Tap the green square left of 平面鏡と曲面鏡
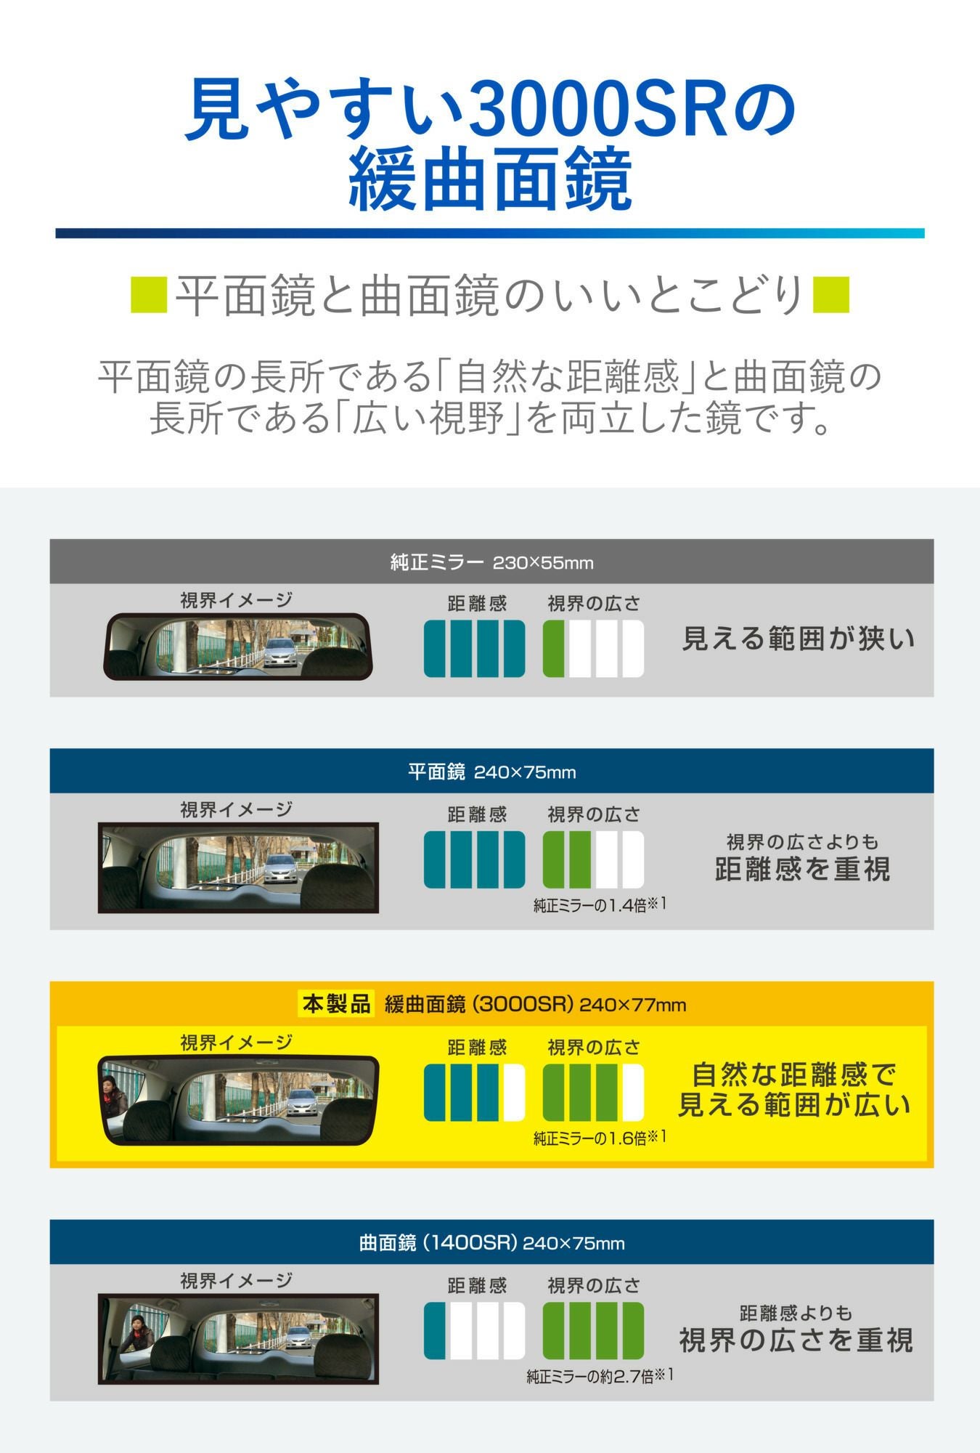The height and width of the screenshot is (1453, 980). tap(149, 294)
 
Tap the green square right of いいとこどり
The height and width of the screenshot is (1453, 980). tap(830, 294)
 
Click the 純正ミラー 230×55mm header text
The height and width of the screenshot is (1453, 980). tap(491, 562)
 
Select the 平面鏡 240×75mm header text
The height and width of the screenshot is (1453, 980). tap(491, 772)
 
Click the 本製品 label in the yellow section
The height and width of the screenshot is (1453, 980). tap(336, 1004)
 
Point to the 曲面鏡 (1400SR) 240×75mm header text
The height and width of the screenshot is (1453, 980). tap(491, 1242)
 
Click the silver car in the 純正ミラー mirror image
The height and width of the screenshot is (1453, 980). tap(279, 651)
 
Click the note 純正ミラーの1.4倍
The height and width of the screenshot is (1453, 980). tap(600, 905)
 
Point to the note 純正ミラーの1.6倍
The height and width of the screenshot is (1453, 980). tap(600, 1138)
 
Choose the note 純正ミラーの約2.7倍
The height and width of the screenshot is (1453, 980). tap(600, 1376)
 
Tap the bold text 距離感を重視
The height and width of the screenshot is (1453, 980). tap(802, 869)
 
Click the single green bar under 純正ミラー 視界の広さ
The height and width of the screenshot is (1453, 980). tap(554, 649)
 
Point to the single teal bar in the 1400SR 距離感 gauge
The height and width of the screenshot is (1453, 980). tap(435, 1331)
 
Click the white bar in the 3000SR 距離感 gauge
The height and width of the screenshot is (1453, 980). tap(514, 1093)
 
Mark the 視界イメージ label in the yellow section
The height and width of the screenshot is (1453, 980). tap(236, 1043)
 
